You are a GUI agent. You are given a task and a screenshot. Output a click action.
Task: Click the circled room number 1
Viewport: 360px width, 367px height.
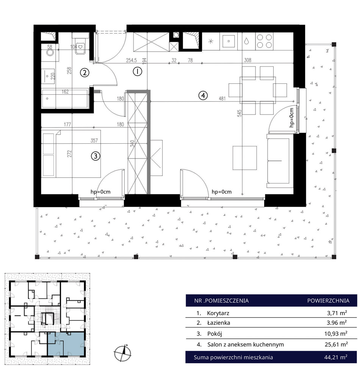pyautogui.click(x=137, y=71)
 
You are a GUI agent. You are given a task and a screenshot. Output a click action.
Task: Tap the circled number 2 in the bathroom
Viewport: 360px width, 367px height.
pyautogui.click(x=85, y=72)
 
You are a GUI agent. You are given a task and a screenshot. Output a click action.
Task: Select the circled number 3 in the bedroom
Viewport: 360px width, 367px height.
pyautogui.click(x=95, y=156)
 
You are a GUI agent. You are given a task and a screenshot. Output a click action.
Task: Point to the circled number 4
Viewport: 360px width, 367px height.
pyautogui.click(x=203, y=95)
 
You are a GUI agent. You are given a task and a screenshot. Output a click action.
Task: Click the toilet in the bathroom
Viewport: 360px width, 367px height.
pyautogui.click(x=80, y=46)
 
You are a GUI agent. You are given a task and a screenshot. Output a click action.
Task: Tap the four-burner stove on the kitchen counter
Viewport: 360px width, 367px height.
pyautogui.click(x=265, y=41)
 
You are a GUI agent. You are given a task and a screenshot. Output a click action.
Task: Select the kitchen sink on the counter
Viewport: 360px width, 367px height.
pyautogui.click(x=229, y=41)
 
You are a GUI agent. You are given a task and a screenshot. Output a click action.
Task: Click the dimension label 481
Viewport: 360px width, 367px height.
pyautogui.click(x=222, y=99)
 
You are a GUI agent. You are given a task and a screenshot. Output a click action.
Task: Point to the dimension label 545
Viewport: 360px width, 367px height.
pyautogui.click(x=239, y=113)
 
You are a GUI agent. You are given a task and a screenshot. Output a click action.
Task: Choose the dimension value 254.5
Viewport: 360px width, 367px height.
pyautogui.click(x=131, y=60)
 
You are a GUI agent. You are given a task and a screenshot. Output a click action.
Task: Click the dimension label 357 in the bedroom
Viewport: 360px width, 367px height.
pyautogui.click(x=94, y=140)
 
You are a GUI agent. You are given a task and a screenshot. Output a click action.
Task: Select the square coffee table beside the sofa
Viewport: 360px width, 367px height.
pyautogui.click(x=245, y=158)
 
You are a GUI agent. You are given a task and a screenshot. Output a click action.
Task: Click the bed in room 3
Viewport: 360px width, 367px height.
pyautogui.click(x=71, y=154)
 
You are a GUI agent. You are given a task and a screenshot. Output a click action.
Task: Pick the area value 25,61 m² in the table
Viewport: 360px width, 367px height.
pyautogui.click(x=336, y=344)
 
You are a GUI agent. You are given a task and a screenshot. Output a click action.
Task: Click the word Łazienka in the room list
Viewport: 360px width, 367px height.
pyautogui.click(x=219, y=323)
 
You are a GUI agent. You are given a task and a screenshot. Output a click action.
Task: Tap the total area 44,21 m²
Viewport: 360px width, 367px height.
pyautogui.click(x=336, y=357)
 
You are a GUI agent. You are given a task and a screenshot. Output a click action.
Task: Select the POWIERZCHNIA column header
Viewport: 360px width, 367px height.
pyautogui.click(x=328, y=301)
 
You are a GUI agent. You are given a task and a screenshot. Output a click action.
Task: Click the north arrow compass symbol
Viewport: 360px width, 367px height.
pyautogui.click(x=122, y=353)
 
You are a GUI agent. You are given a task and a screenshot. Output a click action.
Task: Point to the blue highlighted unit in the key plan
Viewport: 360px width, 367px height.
pyautogui.click(x=66, y=344)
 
